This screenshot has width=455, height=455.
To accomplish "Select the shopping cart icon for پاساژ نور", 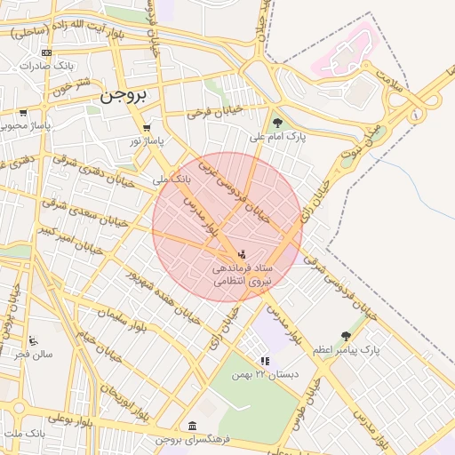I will pos(147,128).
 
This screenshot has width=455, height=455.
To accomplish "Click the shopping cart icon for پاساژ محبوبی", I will pos(23,113).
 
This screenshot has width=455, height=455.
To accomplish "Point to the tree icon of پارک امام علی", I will pos(278,124).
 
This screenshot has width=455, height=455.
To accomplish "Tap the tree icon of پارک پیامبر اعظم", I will pos(346,336).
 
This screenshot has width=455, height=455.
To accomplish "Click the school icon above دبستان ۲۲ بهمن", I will pos(264,361).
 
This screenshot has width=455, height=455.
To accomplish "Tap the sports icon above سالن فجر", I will pos(33,340).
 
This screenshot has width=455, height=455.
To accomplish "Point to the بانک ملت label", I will pos(24,433).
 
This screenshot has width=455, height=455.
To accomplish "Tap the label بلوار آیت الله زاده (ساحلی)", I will pos(67,27).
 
